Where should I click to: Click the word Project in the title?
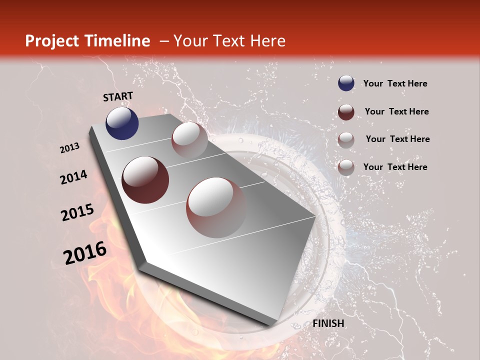coord(51,41)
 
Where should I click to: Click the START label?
coord(118,96)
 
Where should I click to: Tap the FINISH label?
coord(328,323)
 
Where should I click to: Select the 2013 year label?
coord(70,148)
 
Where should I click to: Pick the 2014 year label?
coord(73,177)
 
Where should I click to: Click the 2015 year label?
coord(77,212)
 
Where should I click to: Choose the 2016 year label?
coord(85,253)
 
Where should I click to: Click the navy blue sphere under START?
coord(122,123)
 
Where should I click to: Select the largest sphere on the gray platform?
coord(216,207)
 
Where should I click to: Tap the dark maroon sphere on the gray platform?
coord(145,180)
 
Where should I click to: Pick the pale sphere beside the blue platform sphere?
coord(189,140)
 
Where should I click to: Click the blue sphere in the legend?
coord(346,83)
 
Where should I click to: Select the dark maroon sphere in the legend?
coord(346,112)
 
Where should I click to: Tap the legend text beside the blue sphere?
coord(395,83)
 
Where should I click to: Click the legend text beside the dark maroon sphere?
coord(396,111)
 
